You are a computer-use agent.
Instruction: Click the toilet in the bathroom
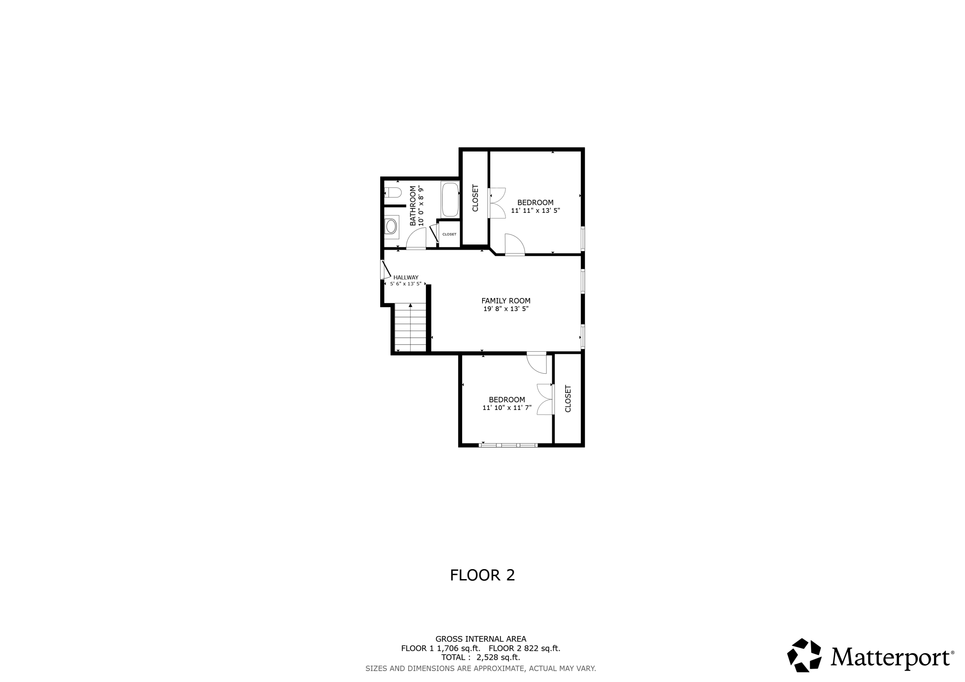[x=393, y=193]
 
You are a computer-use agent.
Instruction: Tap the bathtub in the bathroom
[x=450, y=200]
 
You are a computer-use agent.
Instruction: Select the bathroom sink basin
[x=391, y=226]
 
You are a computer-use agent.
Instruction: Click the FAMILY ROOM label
[x=506, y=301]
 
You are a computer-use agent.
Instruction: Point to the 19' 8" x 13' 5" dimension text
[x=506, y=309]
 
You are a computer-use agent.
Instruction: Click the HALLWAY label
[x=406, y=277]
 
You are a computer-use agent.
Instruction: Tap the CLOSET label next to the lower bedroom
[x=568, y=398]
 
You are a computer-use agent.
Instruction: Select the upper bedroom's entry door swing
[x=514, y=245]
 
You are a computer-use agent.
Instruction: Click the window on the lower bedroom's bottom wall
[x=508, y=445]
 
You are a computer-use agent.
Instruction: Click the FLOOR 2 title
[x=482, y=575]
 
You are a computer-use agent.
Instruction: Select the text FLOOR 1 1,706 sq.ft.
[x=440, y=648]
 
